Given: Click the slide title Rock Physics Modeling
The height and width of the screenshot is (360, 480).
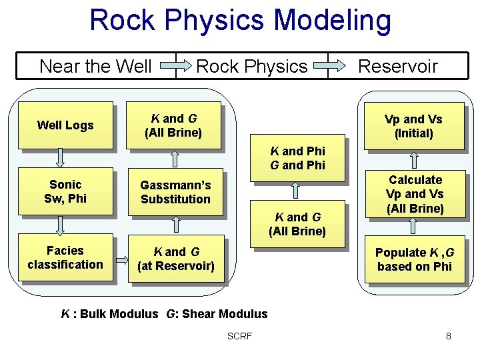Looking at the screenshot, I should (x=240, y=20).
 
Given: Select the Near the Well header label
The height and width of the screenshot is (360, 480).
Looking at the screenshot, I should (x=95, y=66).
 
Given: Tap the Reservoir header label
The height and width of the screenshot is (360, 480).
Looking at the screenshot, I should (x=397, y=66).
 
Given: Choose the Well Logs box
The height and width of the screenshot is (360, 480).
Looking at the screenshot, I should (x=65, y=125).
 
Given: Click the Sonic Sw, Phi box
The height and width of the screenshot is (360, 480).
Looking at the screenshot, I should (x=65, y=191).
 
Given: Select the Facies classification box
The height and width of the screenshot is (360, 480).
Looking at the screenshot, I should (x=65, y=258).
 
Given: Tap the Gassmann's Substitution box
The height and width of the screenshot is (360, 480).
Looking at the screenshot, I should (x=175, y=192).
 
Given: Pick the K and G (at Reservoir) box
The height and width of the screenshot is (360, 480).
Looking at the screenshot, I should (x=175, y=259).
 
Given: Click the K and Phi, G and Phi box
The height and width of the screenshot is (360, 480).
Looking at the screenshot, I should (x=297, y=159).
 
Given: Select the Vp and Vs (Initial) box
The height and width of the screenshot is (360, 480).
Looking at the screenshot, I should (x=413, y=126).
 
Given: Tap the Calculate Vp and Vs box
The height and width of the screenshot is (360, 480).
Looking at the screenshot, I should (x=415, y=194).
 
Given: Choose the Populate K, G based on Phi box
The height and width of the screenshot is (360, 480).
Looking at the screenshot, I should (x=414, y=259).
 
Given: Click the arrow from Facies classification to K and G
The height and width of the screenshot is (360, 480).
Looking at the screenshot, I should (x=121, y=259).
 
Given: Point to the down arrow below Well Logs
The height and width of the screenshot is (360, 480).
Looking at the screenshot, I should (x=61, y=157).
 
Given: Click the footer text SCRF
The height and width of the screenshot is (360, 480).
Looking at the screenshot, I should (x=239, y=336).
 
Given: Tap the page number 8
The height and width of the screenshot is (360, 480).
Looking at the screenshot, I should (x=449, y=336).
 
